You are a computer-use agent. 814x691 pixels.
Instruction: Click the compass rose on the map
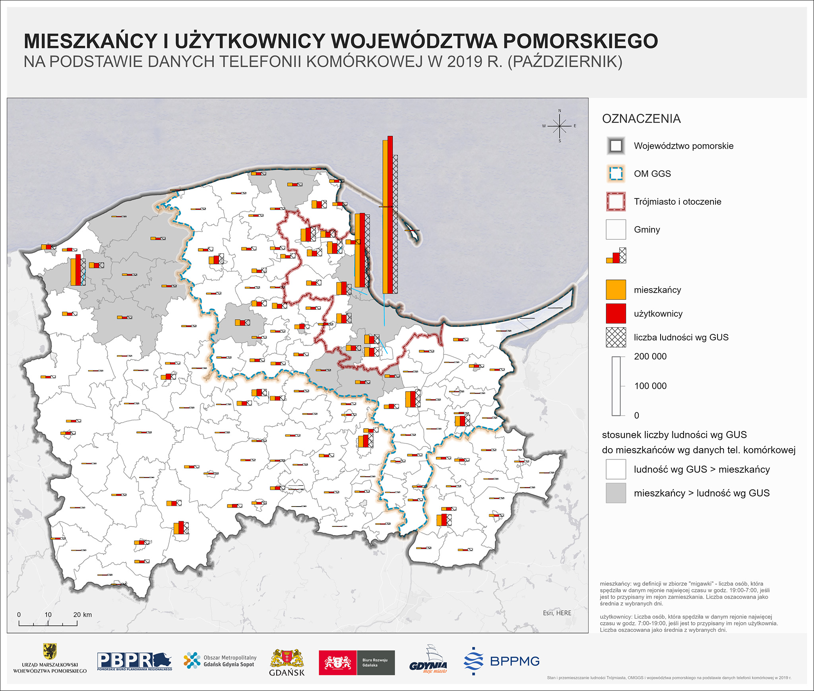point(560,126)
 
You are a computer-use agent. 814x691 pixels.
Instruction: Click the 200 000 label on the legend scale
point(650,357)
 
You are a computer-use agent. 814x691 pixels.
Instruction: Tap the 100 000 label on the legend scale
point(650,386)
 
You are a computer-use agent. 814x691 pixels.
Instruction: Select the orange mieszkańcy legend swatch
point(616,290)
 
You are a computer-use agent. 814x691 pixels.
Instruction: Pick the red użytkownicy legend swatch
point(616,314)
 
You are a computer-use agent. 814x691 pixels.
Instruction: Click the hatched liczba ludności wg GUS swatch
point(616,338)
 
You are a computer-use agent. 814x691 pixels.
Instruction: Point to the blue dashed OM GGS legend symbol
point(616,174)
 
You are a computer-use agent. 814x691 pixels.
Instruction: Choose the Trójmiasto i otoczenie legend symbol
point(616,202)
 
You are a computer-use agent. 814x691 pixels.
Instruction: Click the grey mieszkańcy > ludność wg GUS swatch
point(616,493)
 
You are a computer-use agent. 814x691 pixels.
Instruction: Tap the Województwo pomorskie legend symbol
point(616,146)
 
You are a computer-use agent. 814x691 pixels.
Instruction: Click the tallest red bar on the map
point(390,215)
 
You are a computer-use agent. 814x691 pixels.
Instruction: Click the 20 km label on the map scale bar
point(82,615)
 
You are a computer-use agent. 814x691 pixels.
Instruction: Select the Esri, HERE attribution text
point(557,613)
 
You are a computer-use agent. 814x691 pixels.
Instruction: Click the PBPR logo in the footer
point(134,661)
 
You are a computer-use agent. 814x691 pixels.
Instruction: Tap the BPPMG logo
point(502,661)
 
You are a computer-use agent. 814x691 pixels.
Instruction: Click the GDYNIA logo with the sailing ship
point(428,661)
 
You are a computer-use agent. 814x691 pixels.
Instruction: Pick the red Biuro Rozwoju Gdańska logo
point(337,663)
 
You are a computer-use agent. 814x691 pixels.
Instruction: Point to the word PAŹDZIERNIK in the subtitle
point(565,62)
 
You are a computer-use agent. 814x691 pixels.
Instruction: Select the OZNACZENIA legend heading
point(641,119)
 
